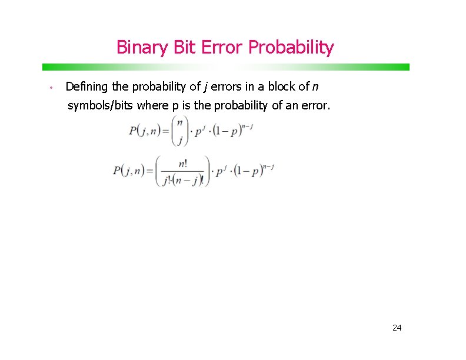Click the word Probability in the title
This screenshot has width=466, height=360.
click(x=291, y=47)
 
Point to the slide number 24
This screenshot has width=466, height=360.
click(x=397, y=327)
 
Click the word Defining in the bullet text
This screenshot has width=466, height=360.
click(x=87, y=87)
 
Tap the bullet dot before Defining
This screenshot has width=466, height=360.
click(x=52, y=88)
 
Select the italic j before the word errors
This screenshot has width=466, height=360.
click(x=205, y=88)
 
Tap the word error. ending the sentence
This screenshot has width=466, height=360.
click(x=317, y=106)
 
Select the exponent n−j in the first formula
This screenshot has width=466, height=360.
click(x=248, y=125)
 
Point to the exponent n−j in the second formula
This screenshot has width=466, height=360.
click(x=268, y=167)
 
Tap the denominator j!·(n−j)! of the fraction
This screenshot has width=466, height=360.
click(x=183, y=181)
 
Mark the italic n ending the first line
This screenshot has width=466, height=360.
click(x=315, y=88)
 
